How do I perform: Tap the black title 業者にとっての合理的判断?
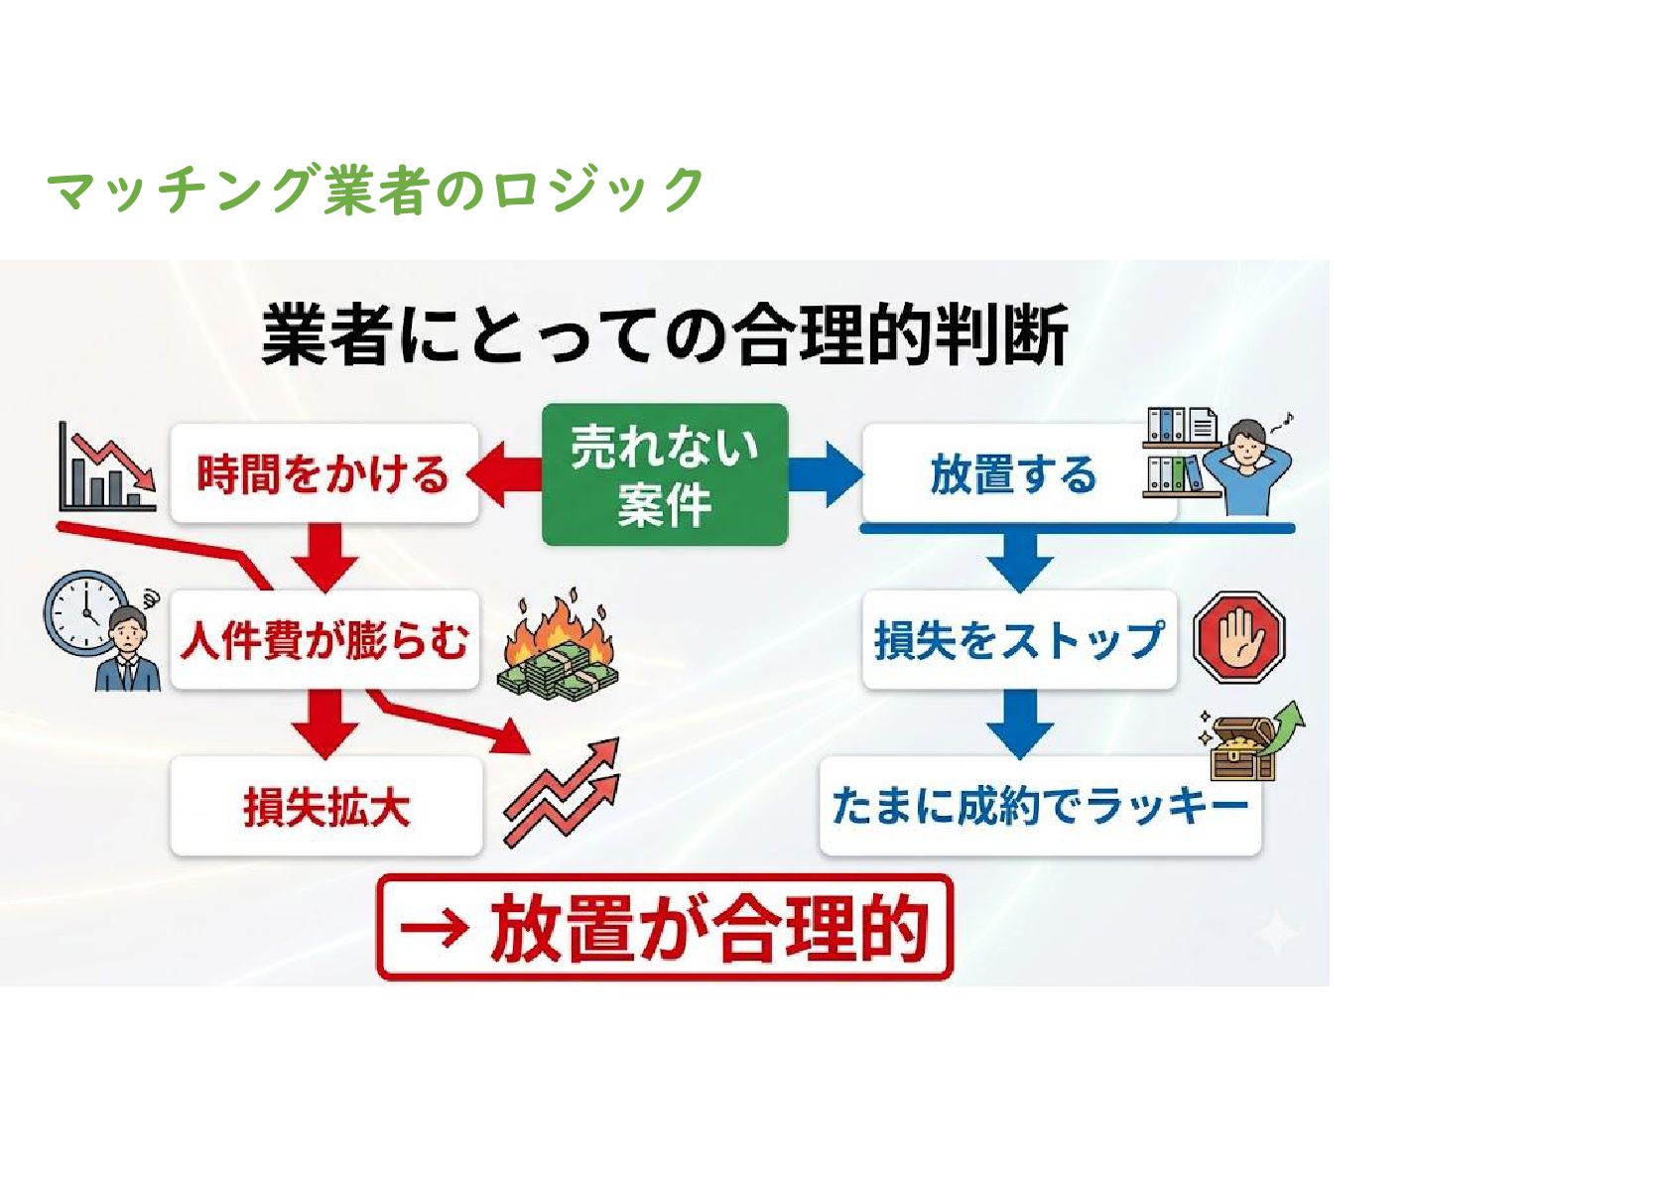[664, 335]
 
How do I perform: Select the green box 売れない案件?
[664, 474]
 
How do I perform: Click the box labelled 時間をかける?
[323, 474]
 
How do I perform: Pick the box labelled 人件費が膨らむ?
[323, 640]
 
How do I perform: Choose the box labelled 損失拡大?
[325, 806]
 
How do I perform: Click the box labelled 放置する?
[1012, 474]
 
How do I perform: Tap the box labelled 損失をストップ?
[1018, 640]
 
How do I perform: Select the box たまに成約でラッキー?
[1039, 806]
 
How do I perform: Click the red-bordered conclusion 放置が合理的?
[664, 927]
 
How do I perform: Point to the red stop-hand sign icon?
[1238, 637]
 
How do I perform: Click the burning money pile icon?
[558, 648]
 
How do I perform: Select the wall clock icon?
[83, 609]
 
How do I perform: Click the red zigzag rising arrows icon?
[562, 793]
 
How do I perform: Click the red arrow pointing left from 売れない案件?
[505, 474]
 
